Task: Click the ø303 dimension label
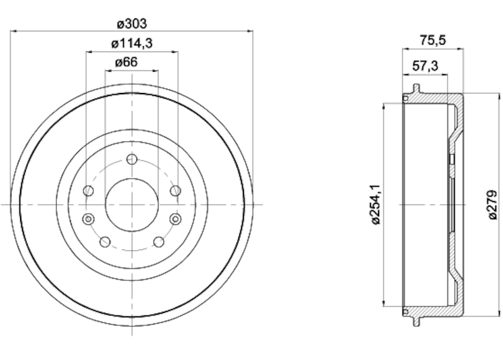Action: pyautogui.click(x=132, y=24)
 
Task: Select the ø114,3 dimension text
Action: pyautogui.click(x=132, y=43)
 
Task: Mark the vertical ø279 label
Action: pyautogui.click(x=494, y=205)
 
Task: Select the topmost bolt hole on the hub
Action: pyautogui.click(x=131, y=159)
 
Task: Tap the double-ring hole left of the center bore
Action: pyautogui.click(x=88, y=218)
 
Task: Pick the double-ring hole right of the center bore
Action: pyautogui.click(x=175, y=218)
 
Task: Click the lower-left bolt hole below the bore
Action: pyautogui.click(x=105, y=242)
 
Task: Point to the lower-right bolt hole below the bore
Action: pyautogui.click(x=158, y=242)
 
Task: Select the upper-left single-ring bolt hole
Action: pyautogui.click(x=89, y=190)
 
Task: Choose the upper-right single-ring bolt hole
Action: pyautogui.click(x=175, y=190)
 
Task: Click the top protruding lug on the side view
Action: pyautogui.click(x=416, y=86)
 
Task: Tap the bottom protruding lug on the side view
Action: pyautogui.click(x=416, y=322)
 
